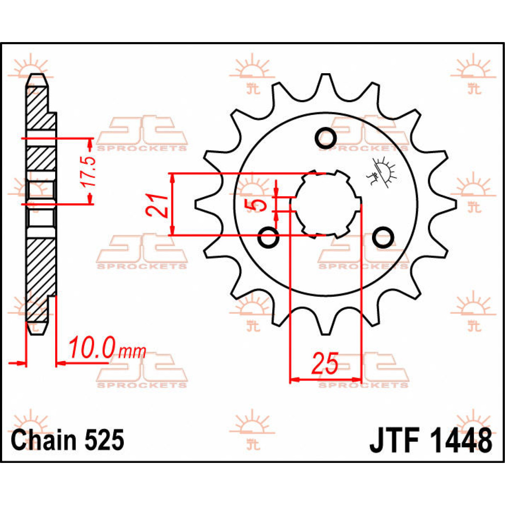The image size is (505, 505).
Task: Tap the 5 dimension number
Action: pos(257,205)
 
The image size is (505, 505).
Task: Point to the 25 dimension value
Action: pos(324,364)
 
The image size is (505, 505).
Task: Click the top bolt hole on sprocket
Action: pos(325,137)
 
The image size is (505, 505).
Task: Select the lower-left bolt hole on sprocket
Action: pos(268,238)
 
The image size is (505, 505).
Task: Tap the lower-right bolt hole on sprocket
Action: pos(382,238)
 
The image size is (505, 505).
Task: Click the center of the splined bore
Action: pos(326,205)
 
